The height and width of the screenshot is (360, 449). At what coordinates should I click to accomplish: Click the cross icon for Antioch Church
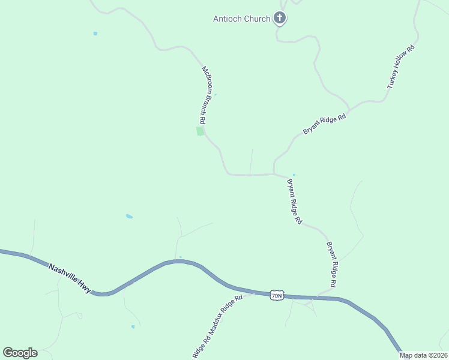[280, 19]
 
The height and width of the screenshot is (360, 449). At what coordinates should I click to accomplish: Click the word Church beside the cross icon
[258, 19]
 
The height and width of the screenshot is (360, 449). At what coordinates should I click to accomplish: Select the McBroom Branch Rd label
[204, 95]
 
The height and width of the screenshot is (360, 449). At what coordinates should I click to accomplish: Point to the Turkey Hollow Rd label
[401, 67]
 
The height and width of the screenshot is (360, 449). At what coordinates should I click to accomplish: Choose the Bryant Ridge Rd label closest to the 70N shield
[331, 264]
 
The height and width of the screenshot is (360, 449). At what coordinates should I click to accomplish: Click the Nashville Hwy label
[70, 278]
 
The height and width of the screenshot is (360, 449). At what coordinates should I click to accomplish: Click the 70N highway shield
[276, 295]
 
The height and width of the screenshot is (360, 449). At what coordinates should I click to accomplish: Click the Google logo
[20, 352]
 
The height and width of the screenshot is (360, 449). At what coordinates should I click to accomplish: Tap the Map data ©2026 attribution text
[424, 355]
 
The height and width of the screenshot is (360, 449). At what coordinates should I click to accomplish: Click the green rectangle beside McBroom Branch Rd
[200, 131]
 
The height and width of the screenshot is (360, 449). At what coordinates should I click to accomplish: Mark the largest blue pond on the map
[129, 216]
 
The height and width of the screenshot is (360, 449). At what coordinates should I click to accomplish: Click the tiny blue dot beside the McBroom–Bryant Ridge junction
[294, 175]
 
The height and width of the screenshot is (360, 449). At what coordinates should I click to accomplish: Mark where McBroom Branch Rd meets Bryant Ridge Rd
[274, 175]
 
